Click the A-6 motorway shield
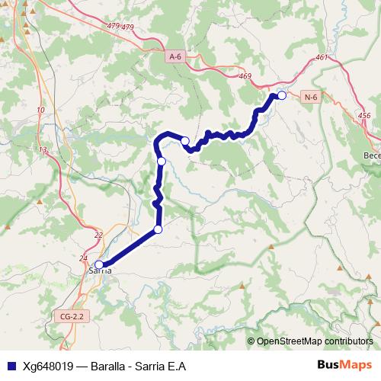click(x=176, y=56)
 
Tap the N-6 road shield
click(x=310, y=97)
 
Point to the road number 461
click(x=320, y=57)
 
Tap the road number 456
click(x=363, y=115)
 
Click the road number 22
click(x=98, y=235)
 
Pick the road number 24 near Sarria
click(x=83, y=258)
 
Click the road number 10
click(x=40, y=110)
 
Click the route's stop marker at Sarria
click(x=98, y=264)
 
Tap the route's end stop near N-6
click(x=281, y=95)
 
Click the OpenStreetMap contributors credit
click(x=314, y=341)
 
